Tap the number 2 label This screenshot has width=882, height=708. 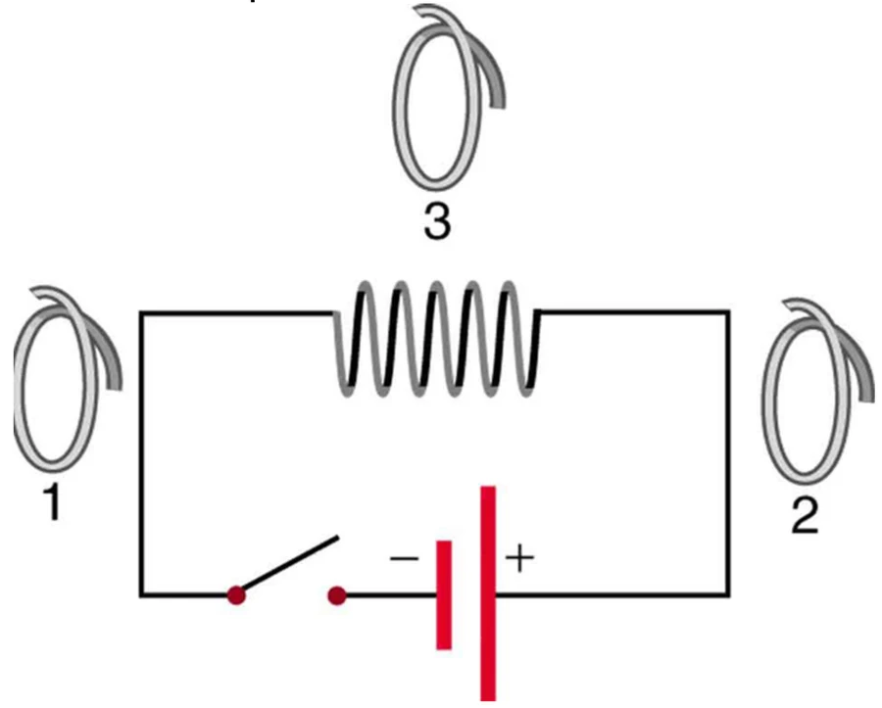coord(805,515)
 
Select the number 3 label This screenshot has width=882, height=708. coord(437,221)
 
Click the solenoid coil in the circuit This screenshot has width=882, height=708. coord(437,339)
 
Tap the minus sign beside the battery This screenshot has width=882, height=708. coord(405,558)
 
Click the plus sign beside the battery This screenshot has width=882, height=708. coord(519,560)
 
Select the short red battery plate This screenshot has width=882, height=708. coord(444,595)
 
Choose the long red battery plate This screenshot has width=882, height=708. coord(488,592)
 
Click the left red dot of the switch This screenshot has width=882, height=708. coord(237,595)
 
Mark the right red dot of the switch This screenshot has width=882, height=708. coord(337,595)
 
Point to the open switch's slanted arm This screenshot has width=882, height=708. coord(288,565)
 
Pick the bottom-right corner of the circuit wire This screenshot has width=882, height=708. coord(728,594)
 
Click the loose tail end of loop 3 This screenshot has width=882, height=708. coord(498,104)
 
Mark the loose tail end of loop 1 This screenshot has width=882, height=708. coord(116,386)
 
